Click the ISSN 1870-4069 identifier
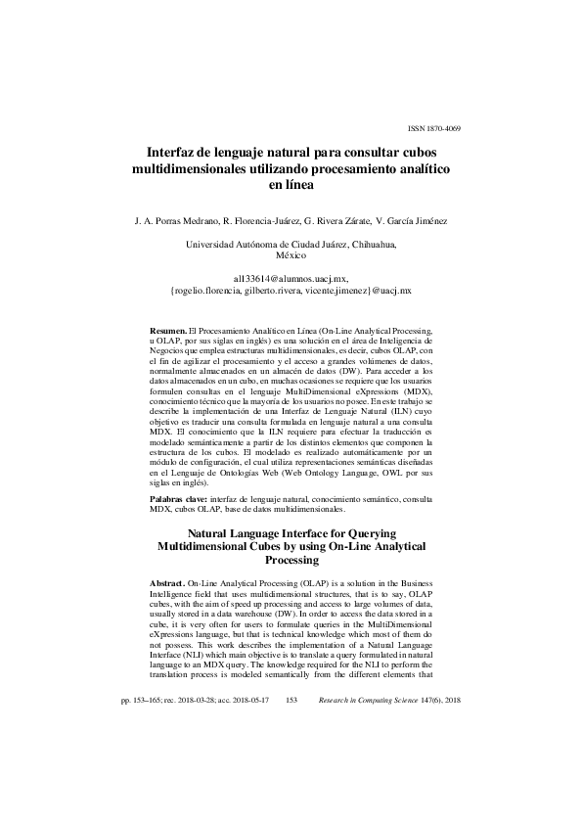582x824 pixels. click(432, 129)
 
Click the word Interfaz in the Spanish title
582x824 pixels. click(174, 154)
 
